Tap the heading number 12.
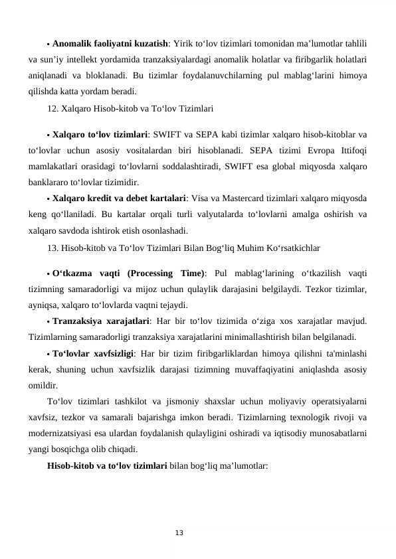(53, 106)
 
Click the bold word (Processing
(153, 274)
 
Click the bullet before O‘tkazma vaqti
(49, 274)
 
